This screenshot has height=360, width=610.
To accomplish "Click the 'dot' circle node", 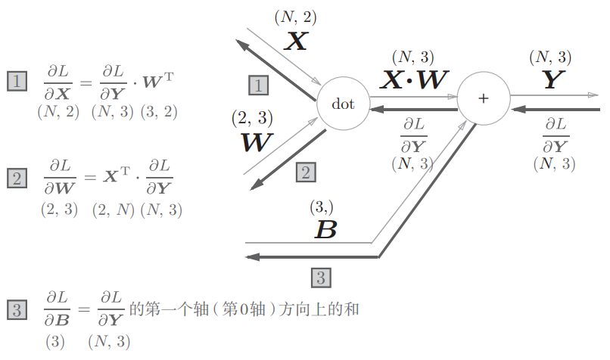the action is point(343,104).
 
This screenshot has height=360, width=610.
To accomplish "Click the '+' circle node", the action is point(484,98).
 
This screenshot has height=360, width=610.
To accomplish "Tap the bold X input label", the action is point(296,41).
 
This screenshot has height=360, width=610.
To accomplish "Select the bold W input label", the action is point(257,142).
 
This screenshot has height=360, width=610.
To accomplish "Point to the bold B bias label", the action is point(325,229).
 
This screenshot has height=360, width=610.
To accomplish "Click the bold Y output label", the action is point(553,79).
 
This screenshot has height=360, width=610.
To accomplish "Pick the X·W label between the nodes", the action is point(414,79).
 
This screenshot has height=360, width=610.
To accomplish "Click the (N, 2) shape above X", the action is point(296,17).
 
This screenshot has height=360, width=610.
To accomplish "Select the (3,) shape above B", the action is point(322,207).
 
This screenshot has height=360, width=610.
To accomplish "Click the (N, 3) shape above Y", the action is point(550,57).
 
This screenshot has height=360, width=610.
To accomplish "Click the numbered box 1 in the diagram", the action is point(258,85).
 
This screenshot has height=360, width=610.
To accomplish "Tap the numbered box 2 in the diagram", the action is point(307,172).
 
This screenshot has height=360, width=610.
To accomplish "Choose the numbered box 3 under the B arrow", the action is point(322,278).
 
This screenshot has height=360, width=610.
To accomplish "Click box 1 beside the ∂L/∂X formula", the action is point(17,81).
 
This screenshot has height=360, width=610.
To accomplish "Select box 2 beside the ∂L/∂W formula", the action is point(17,178).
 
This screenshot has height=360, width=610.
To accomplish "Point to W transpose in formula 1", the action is point(158,80).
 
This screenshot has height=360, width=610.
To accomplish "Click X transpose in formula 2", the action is point(117,175).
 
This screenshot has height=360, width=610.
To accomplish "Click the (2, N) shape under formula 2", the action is point(114,210).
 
